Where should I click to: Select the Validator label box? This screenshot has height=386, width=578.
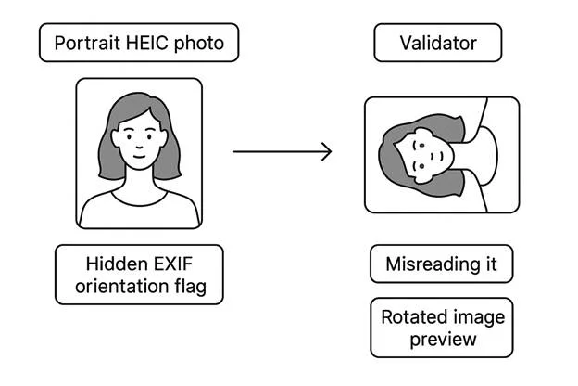tap(437, 43)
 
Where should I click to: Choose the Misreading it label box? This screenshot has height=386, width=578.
tap(441, 264)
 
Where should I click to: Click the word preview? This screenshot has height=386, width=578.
tap(443, 340)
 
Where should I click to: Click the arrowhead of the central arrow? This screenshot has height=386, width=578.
tap(325, 151)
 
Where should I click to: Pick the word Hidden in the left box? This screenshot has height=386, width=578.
tap(117, 263)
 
